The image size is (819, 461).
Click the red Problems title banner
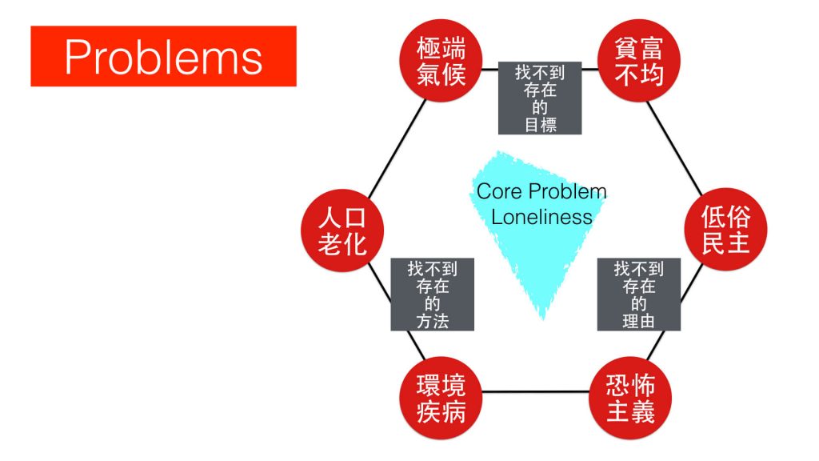(163, 56)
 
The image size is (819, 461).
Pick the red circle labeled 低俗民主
(725, 230)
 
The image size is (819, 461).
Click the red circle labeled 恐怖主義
(630, 399)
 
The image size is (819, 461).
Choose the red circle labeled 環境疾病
(441, 399)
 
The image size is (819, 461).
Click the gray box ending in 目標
(539, 98)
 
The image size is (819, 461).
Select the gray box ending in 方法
(432, 294)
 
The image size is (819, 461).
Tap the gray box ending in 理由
(638, 294)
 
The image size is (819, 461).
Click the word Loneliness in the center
(541, 217)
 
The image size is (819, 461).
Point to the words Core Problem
(541, 192)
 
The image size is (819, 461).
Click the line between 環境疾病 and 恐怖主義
(536, 392)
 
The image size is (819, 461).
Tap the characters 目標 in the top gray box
(541, 125)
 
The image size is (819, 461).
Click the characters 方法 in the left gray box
(433, 322)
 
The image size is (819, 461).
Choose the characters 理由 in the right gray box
(638, 322)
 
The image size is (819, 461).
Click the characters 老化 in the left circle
(342, 243)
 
